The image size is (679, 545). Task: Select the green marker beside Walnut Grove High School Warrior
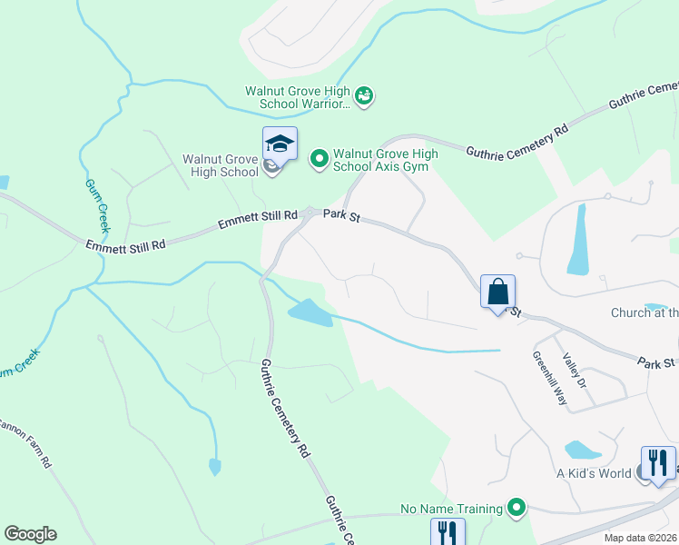[364, 96]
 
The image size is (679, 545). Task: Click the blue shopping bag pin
[497, 292]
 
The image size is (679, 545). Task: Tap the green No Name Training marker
[517, 508]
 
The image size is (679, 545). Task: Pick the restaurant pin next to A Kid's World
[658, 463]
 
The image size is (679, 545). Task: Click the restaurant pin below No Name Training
[447, 531]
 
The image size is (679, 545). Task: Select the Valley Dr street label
[576, 371]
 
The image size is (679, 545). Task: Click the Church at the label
[644, 312]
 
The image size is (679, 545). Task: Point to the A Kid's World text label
[594, 473]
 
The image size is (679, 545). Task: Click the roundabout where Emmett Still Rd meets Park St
[310, 213]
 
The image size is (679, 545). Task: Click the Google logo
[30, 534]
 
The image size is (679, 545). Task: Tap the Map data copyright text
[640, 538]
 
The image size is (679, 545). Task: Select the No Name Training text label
[452, 509]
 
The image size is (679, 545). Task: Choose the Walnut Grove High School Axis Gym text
[385, 160]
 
